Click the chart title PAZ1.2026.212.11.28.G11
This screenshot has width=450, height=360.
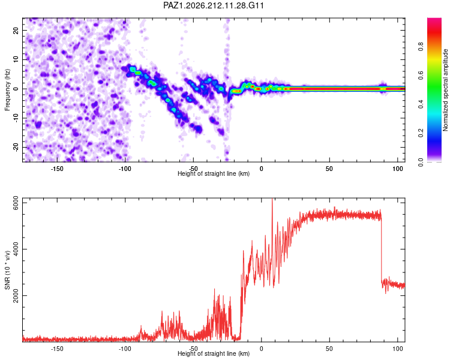click(x=213, y=5)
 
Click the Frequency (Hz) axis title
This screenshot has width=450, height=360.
click(x=7, y=90)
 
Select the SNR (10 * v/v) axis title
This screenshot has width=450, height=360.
click(x=7, y=270)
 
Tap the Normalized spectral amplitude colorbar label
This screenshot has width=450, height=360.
click(x=445, y=90)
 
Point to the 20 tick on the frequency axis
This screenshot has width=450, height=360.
click(x=16, y=30)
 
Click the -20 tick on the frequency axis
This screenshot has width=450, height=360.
click(x=16, y=147)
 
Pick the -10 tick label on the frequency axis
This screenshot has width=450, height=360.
click(x=16, y=118)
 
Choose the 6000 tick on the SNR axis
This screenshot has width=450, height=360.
click(x=16, y=203)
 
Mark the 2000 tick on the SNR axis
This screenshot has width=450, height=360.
click(x=16, y=295)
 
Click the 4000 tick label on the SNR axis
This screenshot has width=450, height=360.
click(x=16, y=249)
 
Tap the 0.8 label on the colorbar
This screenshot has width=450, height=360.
click(x=421, y=46)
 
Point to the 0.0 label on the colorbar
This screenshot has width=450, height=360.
click(x=421, y=162)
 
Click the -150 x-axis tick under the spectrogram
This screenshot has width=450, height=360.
click(x=57, y=169)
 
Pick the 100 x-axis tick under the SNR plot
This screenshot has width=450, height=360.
click(x=397, y=349)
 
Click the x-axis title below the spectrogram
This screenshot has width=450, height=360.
click(x=214, y=173)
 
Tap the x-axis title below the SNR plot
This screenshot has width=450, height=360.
click(x=214, y=353)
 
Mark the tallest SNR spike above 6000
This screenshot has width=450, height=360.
click(x=272, y=200)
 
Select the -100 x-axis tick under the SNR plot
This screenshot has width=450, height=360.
click(x=125, y=349)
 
